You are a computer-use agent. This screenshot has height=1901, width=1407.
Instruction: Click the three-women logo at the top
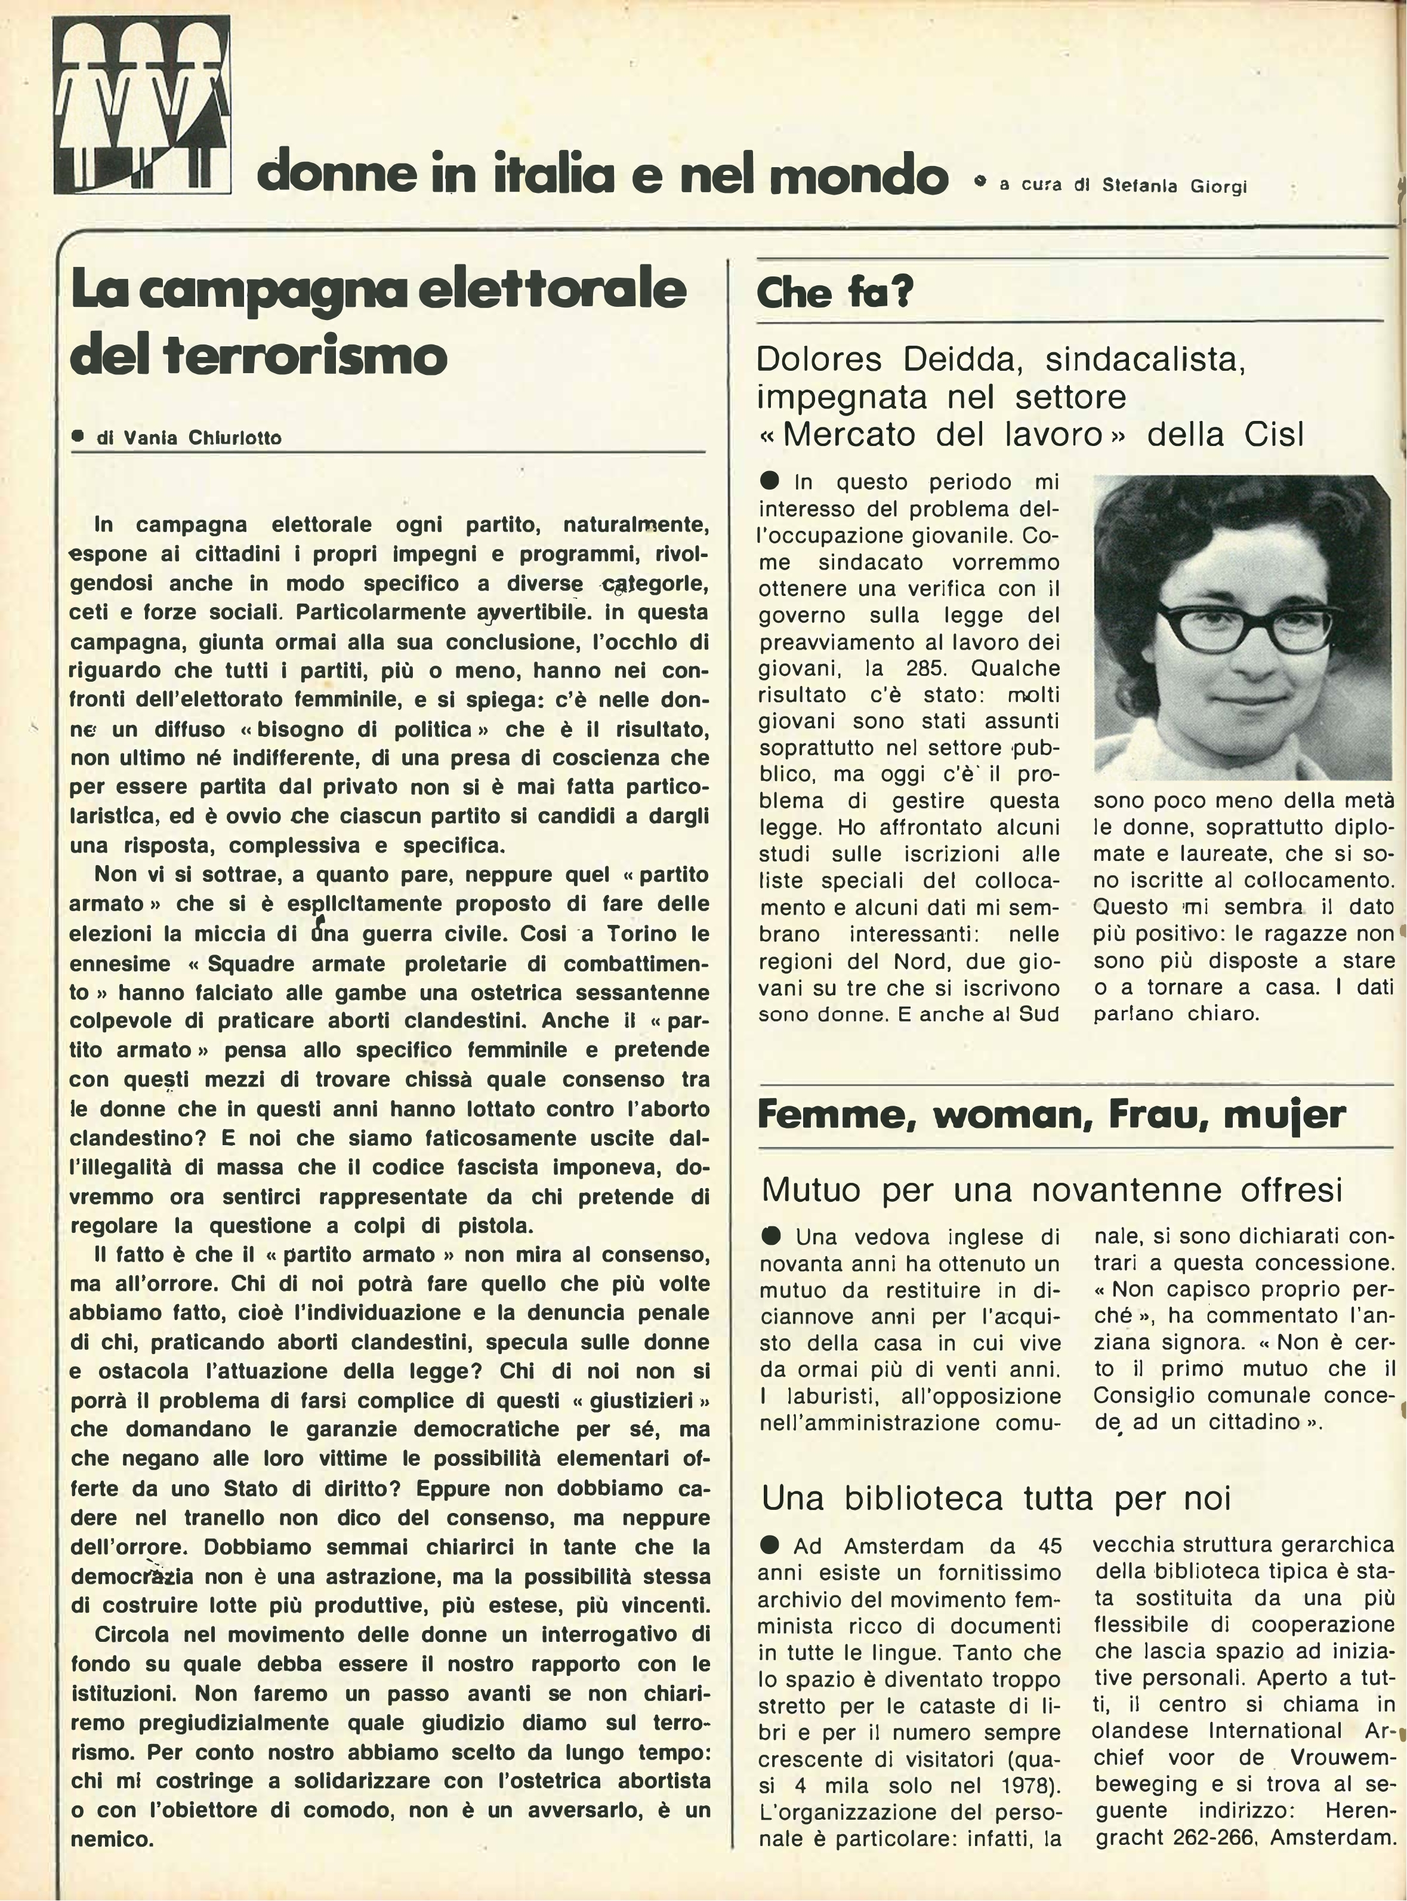click(x=142, y=105)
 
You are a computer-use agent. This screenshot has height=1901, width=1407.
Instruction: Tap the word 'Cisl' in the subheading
click(x=1274, y=435)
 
